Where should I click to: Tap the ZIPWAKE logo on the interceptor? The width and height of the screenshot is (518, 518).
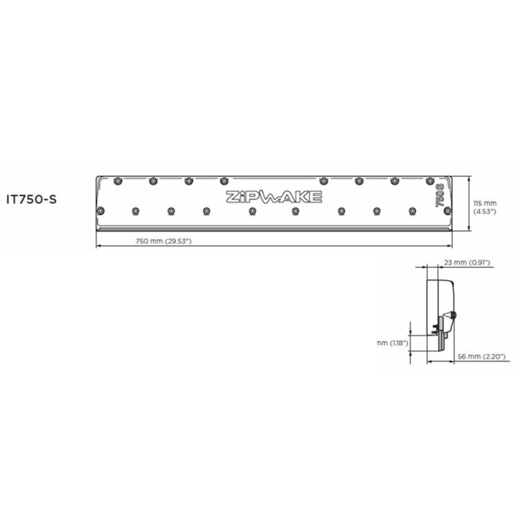coord(274,197)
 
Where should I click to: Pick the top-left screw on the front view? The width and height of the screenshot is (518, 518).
coord(117,178)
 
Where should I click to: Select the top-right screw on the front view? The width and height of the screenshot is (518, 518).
coord(429,179)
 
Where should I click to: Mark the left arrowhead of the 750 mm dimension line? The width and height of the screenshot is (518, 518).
coord(98,245)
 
